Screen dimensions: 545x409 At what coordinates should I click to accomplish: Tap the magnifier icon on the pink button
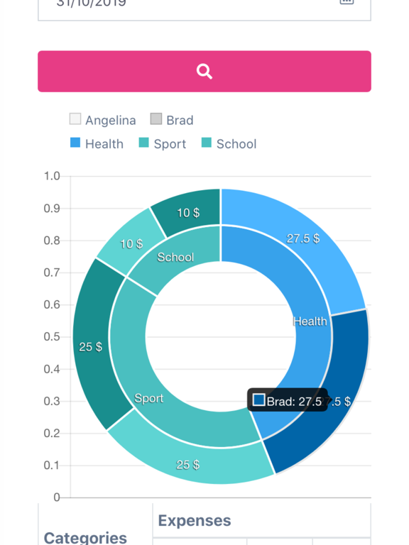tap(204, 71)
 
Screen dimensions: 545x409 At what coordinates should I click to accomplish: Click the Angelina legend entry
tap(103, 120)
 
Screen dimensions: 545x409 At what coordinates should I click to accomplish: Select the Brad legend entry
tap(172, 120)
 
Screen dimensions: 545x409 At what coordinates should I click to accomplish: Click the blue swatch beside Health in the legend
tap(75, 143)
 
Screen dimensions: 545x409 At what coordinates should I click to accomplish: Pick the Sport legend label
tap(170, 144)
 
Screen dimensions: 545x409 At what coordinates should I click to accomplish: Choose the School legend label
tap(236, 144)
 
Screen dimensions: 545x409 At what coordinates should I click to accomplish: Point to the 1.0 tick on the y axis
tap(52, 176)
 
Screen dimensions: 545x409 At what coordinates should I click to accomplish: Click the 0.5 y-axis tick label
tap(52, 336)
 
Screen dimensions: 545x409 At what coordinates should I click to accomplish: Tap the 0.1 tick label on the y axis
tap(52, 465)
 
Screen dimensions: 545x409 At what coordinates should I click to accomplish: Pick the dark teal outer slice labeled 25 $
tap(91, 346)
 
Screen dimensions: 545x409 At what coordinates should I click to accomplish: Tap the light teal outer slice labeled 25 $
tap(188, 465)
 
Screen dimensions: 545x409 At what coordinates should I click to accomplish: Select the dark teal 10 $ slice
tap(188, 212)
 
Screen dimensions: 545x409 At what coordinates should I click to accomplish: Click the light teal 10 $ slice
tap(131, 243)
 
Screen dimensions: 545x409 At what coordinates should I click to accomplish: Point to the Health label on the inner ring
tap(310, 321)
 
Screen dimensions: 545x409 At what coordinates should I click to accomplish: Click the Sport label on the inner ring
tap(149, 398)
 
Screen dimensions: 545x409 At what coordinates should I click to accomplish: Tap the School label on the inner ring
tap(175, 257)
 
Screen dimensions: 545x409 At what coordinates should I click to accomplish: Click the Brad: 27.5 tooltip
tap(288, 401)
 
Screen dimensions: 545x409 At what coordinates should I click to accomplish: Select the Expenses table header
tap(195, 521)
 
